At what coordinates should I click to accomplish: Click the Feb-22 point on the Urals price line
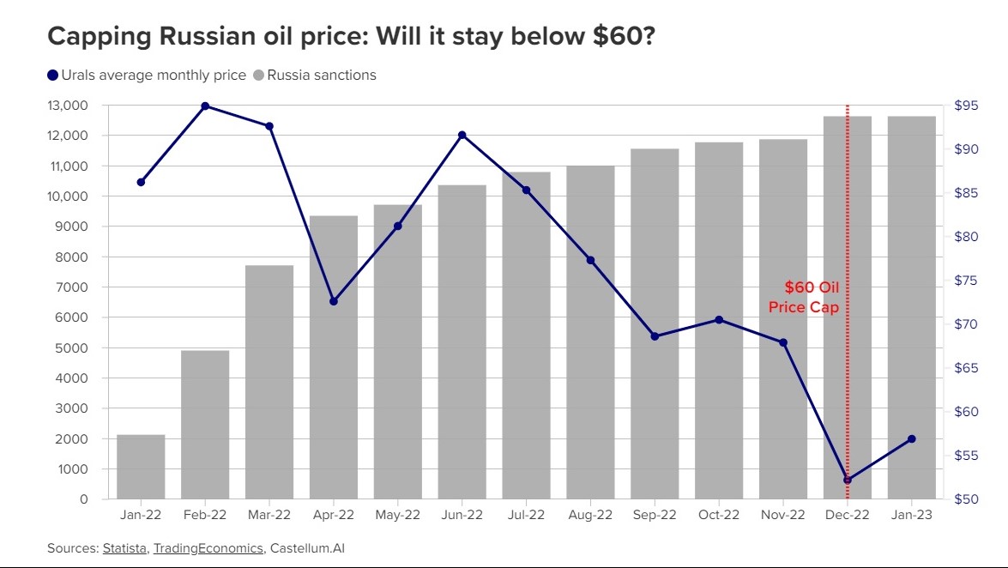[205, 106]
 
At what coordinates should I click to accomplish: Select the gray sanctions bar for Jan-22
[141, 467]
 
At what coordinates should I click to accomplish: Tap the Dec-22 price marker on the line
[848, 480]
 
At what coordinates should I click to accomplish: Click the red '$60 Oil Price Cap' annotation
[804, 297]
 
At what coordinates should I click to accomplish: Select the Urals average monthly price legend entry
[147, 75]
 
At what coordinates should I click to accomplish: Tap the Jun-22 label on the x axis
[462, 515]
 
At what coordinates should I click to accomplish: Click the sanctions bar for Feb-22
[205, 425]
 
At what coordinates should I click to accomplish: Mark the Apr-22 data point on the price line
[334, 301]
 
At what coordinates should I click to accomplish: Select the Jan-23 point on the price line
[911, 438]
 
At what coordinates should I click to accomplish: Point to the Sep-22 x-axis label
[655, 515]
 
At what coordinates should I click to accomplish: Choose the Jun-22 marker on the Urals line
[462, 135]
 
